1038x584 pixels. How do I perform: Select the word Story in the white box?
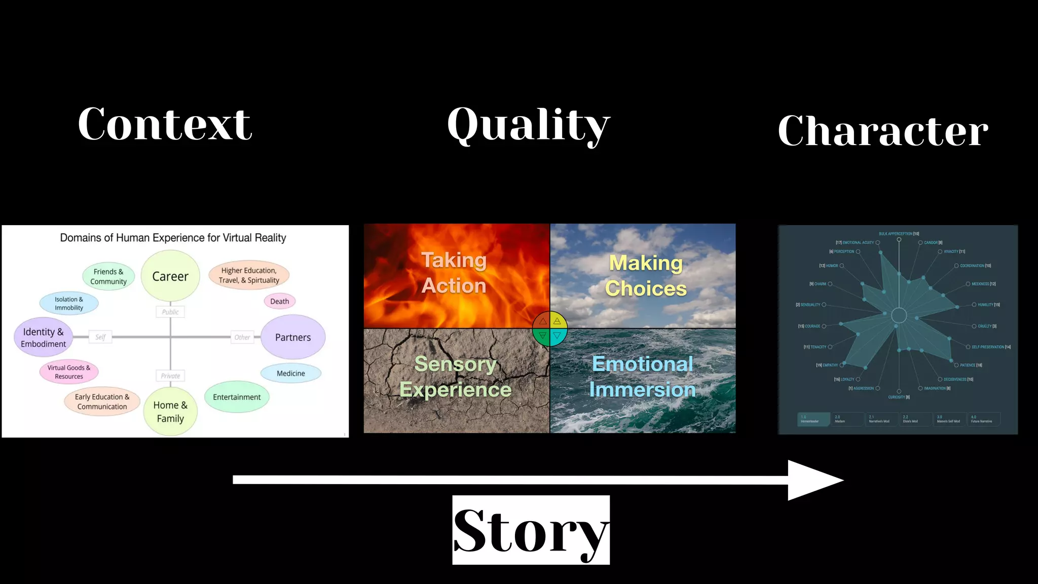coord(531,530)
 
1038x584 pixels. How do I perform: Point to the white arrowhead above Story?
coord(814,480)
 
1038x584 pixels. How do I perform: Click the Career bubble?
coord(170,276)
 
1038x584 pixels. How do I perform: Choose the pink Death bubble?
coord(279,301)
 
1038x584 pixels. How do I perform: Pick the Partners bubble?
coord(293,337)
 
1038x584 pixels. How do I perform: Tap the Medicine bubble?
coord(291,373)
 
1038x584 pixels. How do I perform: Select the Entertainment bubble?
coord(237,397)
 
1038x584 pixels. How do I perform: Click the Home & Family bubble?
coord(170,412)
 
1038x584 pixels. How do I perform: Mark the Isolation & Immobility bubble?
coord(69,303)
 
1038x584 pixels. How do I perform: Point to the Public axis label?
coord(170,312)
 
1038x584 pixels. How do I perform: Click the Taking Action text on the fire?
coord(454,273)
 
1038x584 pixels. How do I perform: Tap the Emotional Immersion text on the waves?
coord(643,377)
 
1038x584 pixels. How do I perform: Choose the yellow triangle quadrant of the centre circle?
coord(557,321)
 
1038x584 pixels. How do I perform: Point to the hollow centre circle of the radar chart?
coord(899,315)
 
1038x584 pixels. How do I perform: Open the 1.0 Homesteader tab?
coord(813,419)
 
